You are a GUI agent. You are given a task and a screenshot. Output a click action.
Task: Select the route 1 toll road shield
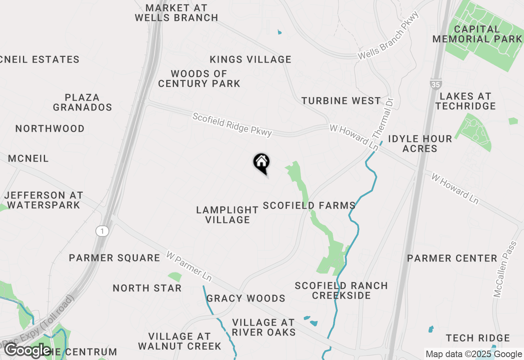(x=102, y=232)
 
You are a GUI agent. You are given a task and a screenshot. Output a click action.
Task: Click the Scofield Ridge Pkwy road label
(x=232, y=125)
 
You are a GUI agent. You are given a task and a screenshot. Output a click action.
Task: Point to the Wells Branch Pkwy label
(x=388, y=36)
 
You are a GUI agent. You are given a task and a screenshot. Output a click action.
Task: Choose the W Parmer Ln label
(x=189, y=266)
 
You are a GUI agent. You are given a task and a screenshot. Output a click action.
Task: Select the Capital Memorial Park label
(x=477, y=34)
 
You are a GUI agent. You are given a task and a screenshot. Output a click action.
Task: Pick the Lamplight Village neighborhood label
(x=228, y=215)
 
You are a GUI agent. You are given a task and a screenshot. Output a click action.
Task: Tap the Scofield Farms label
(x=309, y=205)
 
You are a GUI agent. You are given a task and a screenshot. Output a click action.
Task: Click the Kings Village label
(x=251, y=59)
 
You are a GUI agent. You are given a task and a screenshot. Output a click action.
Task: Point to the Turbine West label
(x=341, y=101)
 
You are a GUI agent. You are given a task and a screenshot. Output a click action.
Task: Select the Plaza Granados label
(x=82, y=102)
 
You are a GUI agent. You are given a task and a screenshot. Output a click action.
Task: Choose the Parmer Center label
(x=452, y=258)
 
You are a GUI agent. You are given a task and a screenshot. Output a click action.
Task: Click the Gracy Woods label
(x=246, y=298)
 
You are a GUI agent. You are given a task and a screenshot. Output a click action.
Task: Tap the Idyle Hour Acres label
(x=420, y=143)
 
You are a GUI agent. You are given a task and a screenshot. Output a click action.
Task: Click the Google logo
(x=27, y=351)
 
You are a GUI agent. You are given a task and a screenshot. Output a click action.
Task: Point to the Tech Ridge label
(x=478, y=338)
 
